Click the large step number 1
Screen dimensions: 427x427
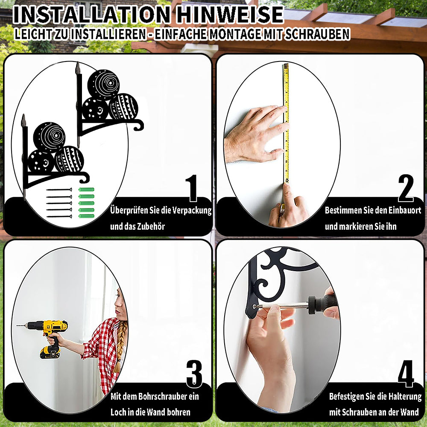click(x=192, y=188)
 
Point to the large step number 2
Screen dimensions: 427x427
click(x=406, y=188)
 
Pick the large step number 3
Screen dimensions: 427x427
click(x=194, y=374)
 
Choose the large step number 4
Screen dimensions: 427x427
click(x=406, y=374)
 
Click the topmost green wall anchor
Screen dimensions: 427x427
click(x=86, y=190)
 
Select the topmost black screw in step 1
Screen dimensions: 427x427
click(x=59, y=190)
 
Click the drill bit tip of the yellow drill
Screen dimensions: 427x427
click(x=17, y=325)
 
